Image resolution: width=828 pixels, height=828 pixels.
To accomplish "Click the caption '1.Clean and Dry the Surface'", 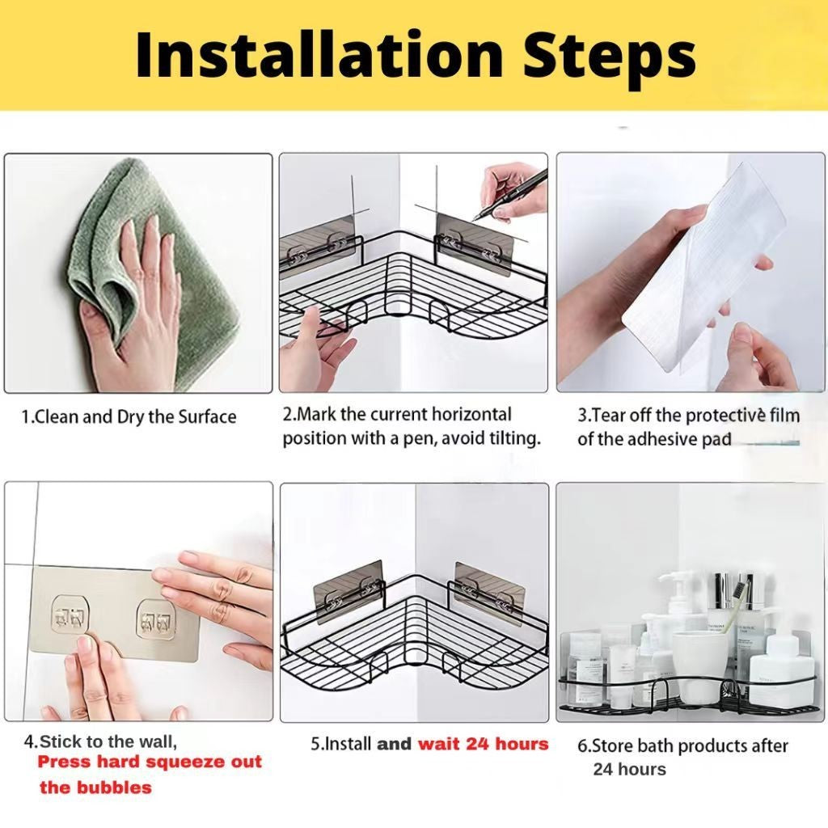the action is point(129,416).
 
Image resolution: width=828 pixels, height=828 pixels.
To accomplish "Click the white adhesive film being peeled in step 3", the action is point(703,275).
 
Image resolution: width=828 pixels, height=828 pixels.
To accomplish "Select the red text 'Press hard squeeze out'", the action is point(150,762).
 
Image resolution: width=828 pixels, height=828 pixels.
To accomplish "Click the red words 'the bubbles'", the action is point(95,788).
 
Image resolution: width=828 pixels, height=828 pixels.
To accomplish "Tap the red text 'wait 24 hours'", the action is point(484,744).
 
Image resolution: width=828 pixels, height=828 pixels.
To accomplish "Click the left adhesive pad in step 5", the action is point(349,585).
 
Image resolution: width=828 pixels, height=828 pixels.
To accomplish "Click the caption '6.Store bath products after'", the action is point(682,746).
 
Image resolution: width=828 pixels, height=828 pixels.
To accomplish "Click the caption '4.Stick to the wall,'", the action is point(100,741).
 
